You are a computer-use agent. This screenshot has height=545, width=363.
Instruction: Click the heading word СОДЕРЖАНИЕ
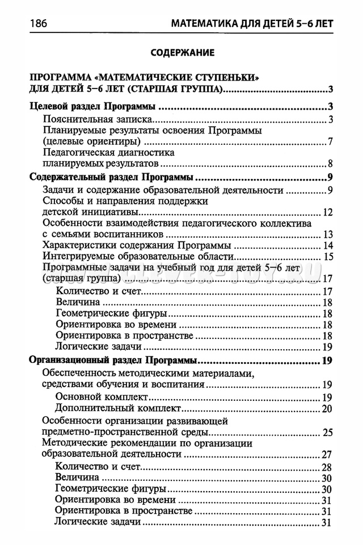pyautogui.click(x=181, y=53)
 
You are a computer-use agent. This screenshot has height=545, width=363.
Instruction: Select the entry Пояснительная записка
pyautogui.click(x=99, y=119)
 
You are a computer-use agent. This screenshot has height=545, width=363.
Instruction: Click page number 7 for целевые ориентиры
pyautogui.click(x=330, y=141)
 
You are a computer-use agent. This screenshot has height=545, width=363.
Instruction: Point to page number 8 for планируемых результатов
pyautogui.click(x=330, y=163)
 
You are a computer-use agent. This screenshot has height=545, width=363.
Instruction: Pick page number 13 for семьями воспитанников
pyautogui.click(x=327, y=234)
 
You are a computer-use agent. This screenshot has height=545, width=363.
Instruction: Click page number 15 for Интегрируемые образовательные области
pyautogui.click(x=327, y=257)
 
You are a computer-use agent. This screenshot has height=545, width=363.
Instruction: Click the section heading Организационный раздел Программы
pyautogui.click(x=113, y=361)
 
